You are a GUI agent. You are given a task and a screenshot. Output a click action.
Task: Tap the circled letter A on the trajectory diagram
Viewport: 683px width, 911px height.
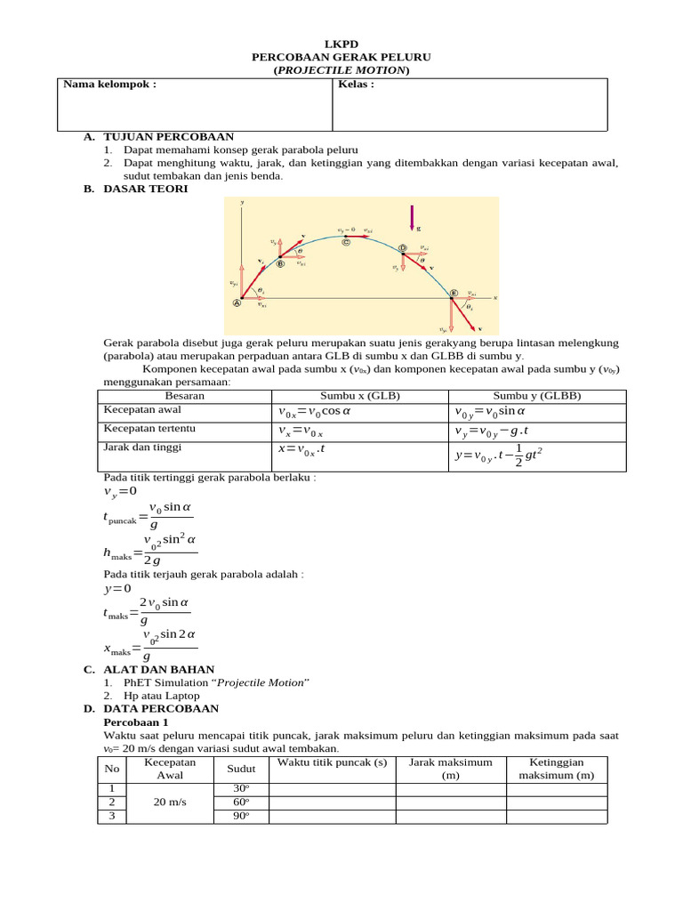coord(237,302)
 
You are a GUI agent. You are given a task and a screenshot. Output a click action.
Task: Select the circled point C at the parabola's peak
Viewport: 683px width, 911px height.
coord(345,240)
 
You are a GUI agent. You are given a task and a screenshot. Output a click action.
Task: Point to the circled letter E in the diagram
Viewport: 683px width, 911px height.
coord(453,293)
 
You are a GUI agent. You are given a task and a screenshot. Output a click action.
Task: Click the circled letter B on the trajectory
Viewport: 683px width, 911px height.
coord(280,263)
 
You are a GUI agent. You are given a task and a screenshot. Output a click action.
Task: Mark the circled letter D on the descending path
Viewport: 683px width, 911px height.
coord(402,248)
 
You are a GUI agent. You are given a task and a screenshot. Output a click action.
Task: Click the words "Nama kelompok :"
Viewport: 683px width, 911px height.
coord(109,85)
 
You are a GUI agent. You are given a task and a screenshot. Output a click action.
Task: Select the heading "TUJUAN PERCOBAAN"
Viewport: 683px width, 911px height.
coord(168,137)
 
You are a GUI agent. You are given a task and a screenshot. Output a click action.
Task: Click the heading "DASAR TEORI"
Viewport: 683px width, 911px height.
coord(146,189)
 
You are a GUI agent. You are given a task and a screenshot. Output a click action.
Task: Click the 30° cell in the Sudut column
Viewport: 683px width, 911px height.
coord(239,788)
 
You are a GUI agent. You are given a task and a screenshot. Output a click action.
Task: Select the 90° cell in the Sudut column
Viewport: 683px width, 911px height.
coord(239,817)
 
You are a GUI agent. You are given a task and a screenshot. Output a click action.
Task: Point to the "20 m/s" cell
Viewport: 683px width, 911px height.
coord(170,802)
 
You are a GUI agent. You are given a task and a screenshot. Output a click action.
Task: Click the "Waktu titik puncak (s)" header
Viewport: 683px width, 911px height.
coord(332,762)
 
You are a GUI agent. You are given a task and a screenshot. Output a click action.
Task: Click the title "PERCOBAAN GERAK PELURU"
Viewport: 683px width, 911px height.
coord(341,56)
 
